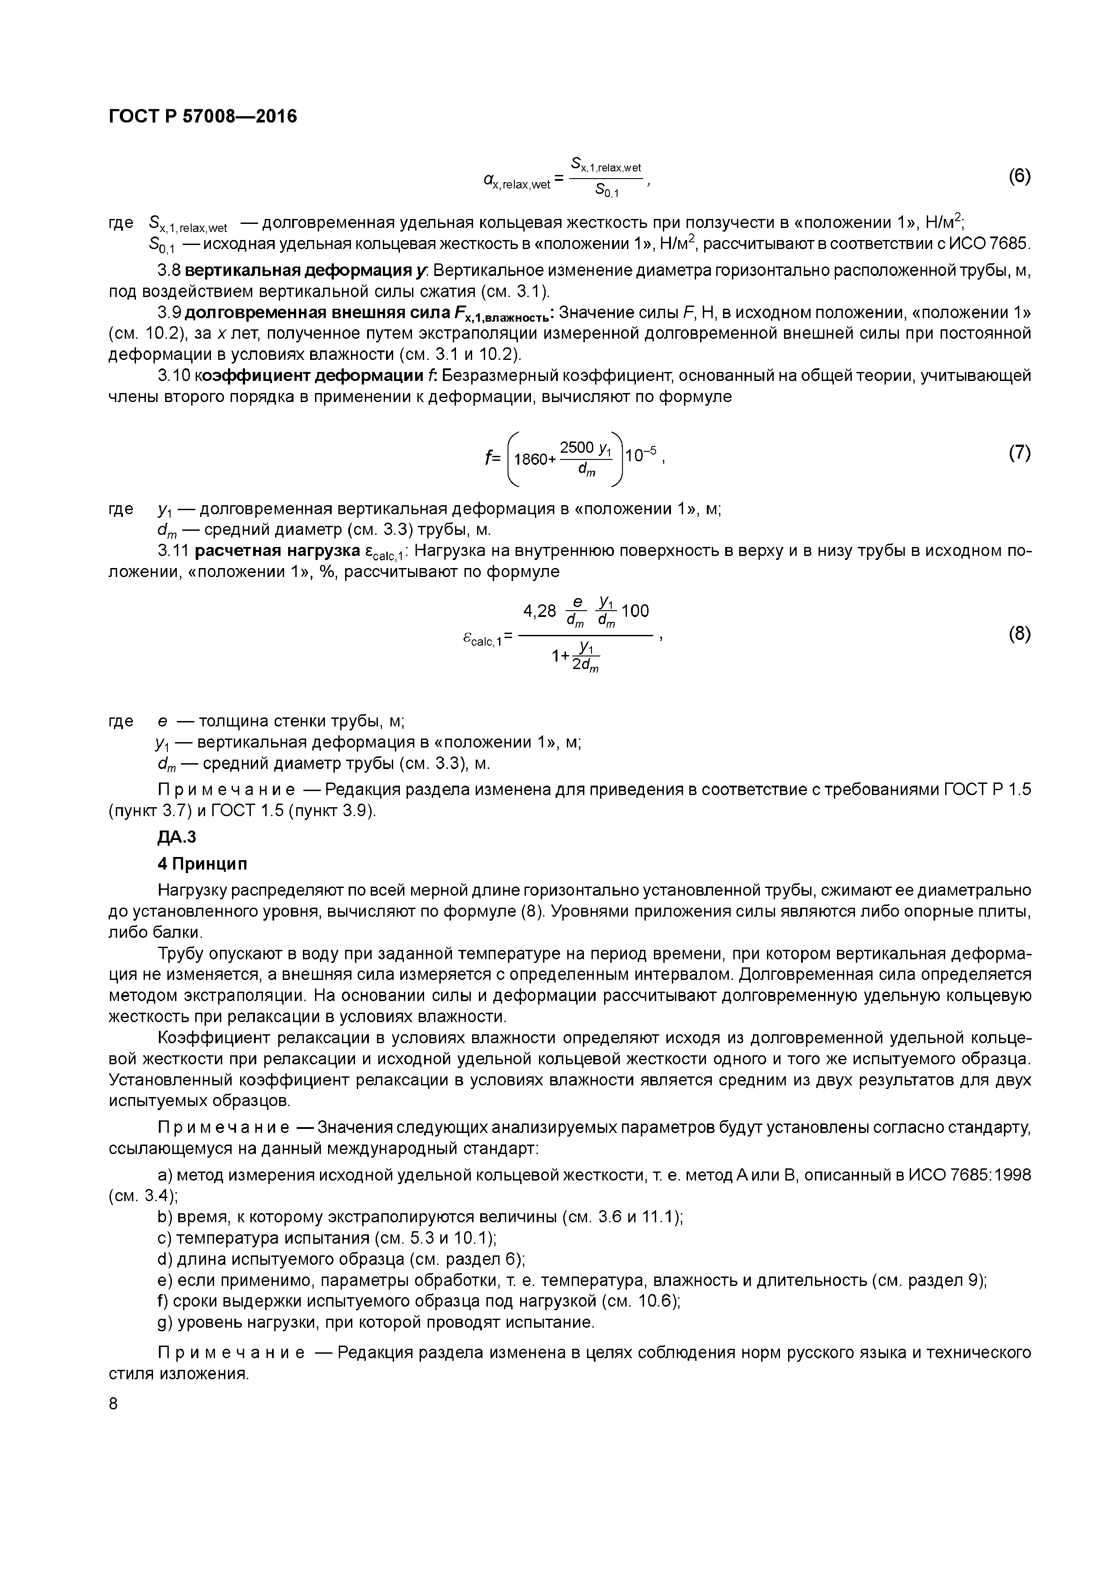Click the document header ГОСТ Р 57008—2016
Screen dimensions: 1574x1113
pos(203,117)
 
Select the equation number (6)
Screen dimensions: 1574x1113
pos(1020,176)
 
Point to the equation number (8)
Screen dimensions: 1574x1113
pos(1020,634)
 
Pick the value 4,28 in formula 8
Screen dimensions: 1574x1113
pos(540,610)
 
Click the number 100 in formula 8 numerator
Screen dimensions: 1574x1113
pos(635,610)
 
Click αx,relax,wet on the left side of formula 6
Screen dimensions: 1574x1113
pos(517,182)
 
